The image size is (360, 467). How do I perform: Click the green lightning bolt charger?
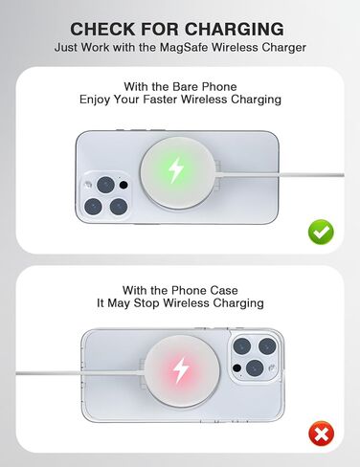click(x=176, y=171)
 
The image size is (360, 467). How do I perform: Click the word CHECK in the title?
click(x=103, y=29)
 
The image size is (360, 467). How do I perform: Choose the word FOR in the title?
click(x=157, y=29)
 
